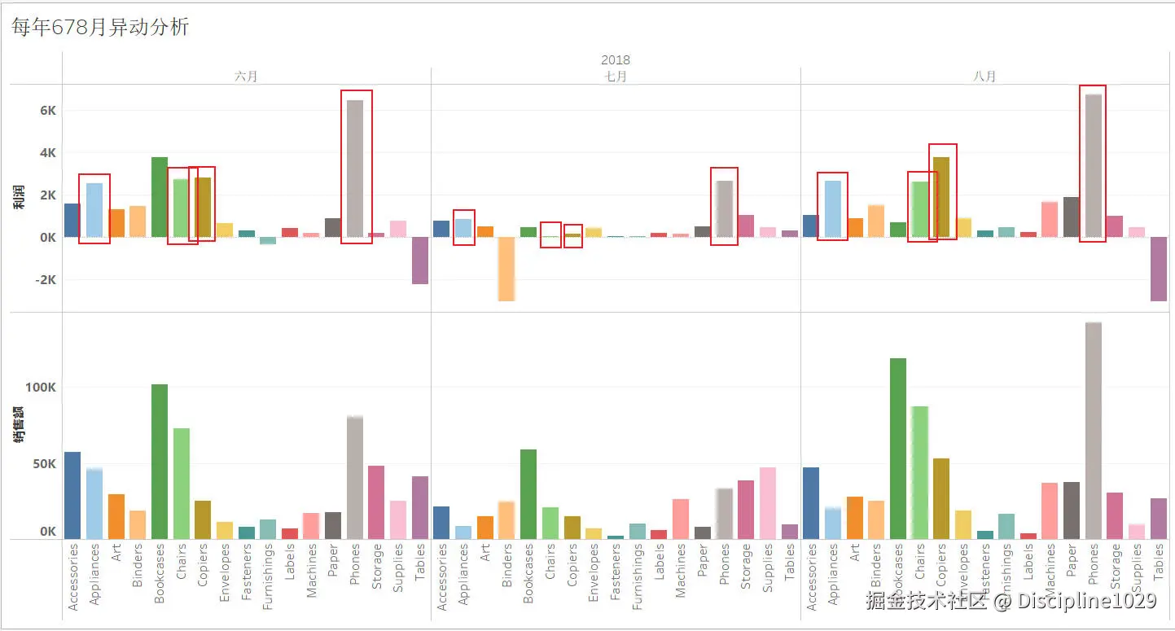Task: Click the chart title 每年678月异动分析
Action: (100, 28)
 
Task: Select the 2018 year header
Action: (615, 59)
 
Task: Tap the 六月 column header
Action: (246, 77)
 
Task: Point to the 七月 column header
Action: (616, 77)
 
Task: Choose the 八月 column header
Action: (984, 77)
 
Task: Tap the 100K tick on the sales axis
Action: (41, 388)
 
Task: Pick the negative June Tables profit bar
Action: (420, 261)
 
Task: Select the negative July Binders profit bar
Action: (506, 269)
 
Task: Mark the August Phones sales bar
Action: (1094, 431)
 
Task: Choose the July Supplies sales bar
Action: (767, 503)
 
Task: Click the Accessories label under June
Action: (73, 577)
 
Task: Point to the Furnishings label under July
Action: (638, 577)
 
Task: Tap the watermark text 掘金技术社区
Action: (926, 601)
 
